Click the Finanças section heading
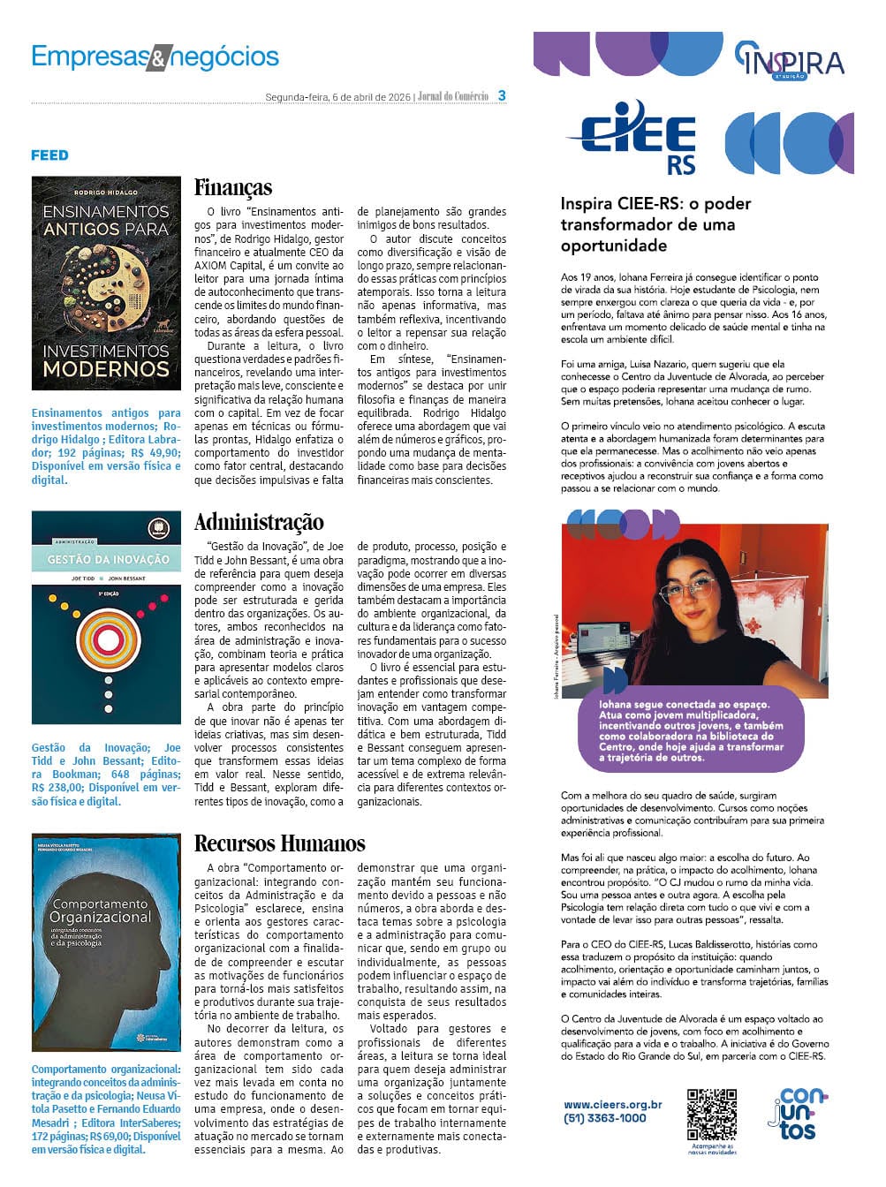(x=233, y=188)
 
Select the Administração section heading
(x=259, y=522)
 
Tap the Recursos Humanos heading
(x=279, y=843)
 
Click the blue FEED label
(x=49, y=155)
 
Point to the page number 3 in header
(x=502, y=95)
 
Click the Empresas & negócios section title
(x=155, y=57)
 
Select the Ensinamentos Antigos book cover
(x=106, y=284)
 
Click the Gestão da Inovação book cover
(x=106, y=617)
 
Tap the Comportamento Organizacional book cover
(x=106, y=941)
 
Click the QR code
(x=712, y=1114)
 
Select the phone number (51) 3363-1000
(x=605, y=1118)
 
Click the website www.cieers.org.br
(x=613, y=1104)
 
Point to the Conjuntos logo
(x=798, y=1115)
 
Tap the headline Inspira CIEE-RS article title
(x=655, y=224)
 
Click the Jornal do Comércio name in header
(x=453, y=96)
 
